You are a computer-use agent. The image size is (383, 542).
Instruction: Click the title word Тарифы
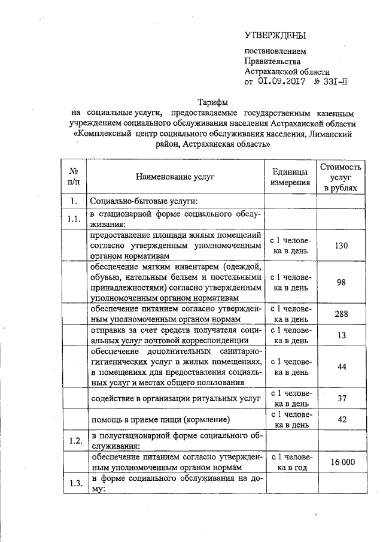pyautogui.click(x=212, y=102)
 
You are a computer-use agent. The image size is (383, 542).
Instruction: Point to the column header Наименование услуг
pyautogui.click(x=175, y=177)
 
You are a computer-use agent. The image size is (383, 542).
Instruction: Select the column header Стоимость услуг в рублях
pyautogui.click(x=341, y=177)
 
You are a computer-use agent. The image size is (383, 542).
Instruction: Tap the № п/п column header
pyautogui.click(x=75, y=177)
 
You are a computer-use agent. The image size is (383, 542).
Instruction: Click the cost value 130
pyautogui.click(x=341, y=246)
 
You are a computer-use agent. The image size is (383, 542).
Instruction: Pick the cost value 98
pyautogui.click(x=341, y=282)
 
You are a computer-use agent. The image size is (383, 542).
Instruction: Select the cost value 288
pyautogui.click(x=341, y=313)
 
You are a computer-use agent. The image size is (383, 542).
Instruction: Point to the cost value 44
pyautogui.click(x=341, y=367)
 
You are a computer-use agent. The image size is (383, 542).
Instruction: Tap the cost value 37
pyautogui.click(x=341, y=398)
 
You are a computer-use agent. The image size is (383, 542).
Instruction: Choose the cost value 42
pyautogui.click(x=341, y=419)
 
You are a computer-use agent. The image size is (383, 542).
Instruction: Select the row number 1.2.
pyautogui.click(x=75, y=441)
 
